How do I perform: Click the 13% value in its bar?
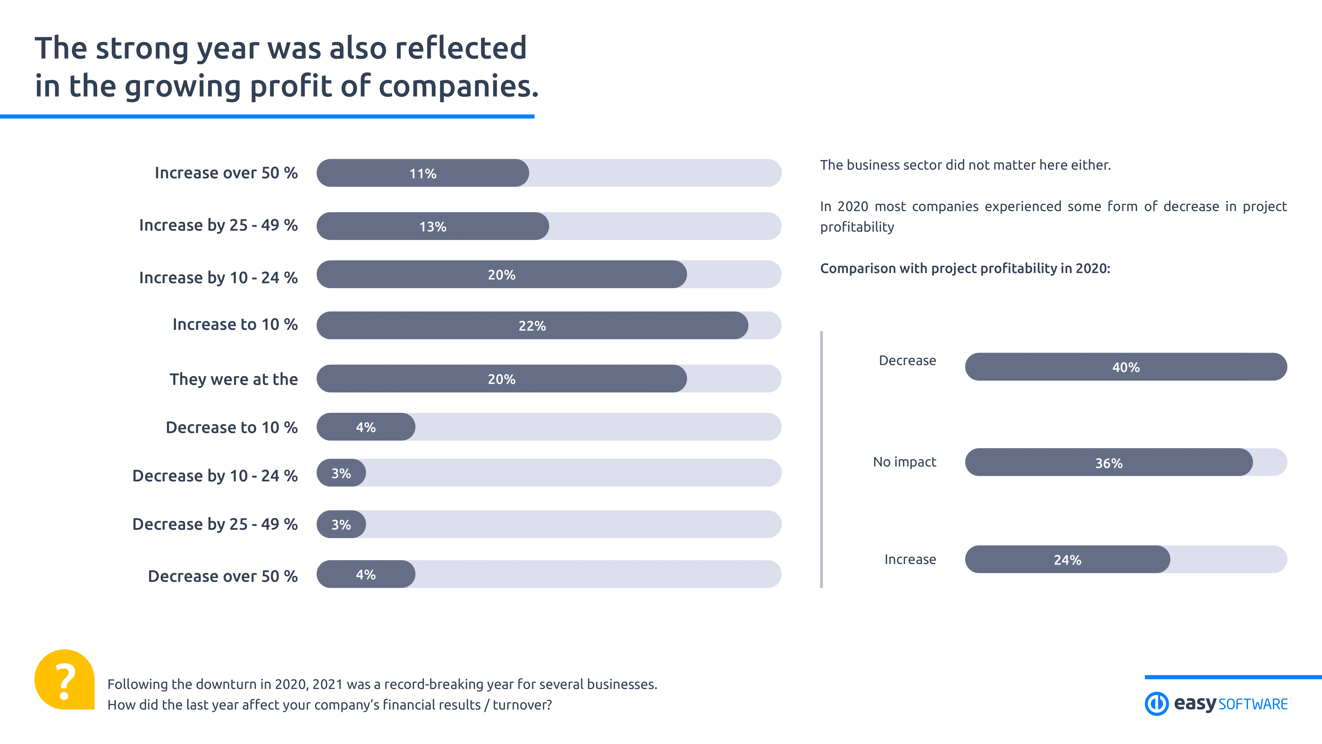point(433,226)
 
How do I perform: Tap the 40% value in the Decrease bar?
point(1125,367)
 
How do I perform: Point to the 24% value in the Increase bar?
point(1067,560)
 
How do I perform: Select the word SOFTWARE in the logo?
point(1253,704)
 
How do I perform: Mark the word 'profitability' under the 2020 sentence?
point(857,227)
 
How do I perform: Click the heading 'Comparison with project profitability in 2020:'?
point(965,268)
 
